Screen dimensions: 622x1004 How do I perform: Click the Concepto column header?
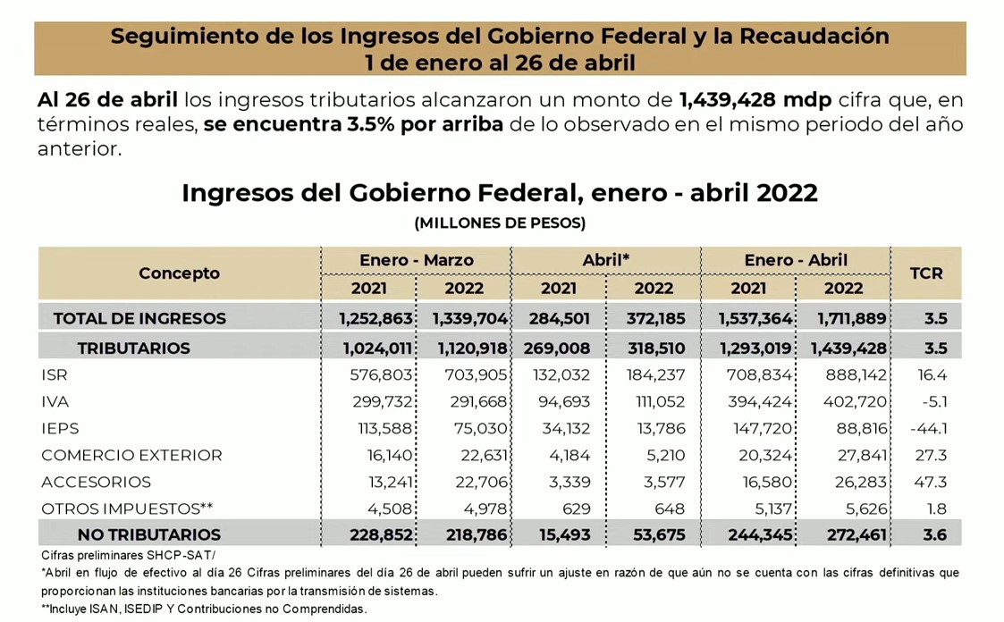pyautogui.click(x=179, y=273)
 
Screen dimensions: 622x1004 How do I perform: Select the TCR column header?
pyautogui.click(x=925, y=273)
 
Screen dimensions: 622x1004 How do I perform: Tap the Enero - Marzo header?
pyautogui.click(x=416, y=260)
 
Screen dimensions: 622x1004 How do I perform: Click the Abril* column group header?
pyautogui.click(x=606, y=260)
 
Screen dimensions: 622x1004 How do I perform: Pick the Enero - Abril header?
pyautogui.click(x=796, y=260)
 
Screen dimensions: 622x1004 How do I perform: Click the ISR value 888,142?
pyautogui.click(x=843, y=375)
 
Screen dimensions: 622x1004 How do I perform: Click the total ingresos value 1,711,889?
pyautogui.click(x=841, y=318)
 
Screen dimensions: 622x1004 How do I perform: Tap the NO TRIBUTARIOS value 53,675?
pyautogui.click(x=655, y=534)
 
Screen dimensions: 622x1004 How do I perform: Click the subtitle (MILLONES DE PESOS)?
pyautogui.click(x=500, y=223)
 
